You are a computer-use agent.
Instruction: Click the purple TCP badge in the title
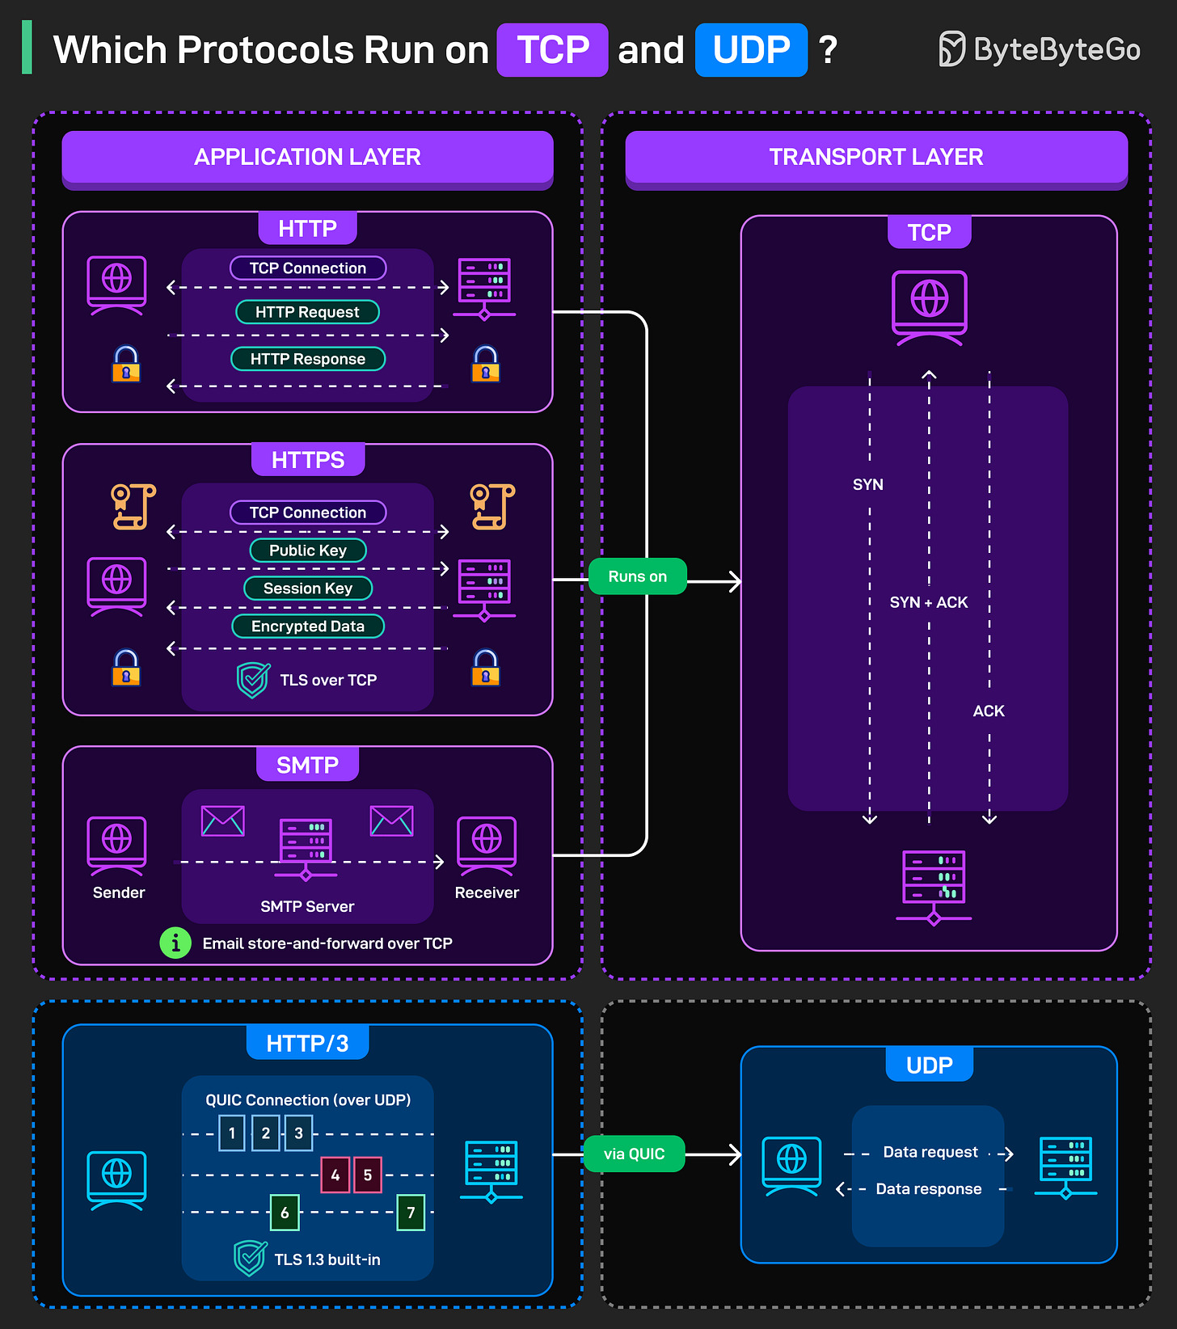552,50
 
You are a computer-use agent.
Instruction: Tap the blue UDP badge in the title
751,50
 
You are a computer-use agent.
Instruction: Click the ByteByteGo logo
1040,49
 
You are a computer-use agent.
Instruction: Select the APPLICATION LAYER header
307,157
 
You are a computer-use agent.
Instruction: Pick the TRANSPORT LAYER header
875,157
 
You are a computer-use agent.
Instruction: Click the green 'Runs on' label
637,576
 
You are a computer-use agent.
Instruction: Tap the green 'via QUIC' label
634,1154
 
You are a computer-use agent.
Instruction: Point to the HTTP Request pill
307,312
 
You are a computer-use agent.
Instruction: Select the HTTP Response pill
307,359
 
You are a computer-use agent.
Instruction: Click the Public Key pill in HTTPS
307,551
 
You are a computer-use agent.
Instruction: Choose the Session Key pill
307,589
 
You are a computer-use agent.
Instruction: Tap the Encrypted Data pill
307,627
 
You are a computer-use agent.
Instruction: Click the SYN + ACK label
928,602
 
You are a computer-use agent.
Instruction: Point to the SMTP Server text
307,906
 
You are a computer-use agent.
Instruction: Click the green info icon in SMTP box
175,943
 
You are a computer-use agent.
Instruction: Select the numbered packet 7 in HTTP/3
411,1213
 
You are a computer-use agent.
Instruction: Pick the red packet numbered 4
335,1175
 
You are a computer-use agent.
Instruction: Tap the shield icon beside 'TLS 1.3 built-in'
250,1258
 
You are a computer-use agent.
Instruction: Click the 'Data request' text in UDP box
930,1152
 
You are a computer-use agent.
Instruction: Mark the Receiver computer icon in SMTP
487,846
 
